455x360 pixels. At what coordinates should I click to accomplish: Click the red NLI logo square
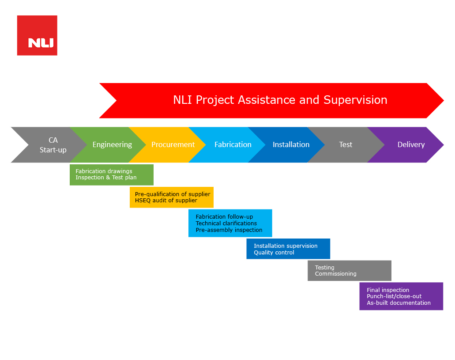click(37, 35)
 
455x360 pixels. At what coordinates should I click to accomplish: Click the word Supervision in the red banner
click(355, 100)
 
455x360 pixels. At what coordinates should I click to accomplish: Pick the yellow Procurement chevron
click(168, 145)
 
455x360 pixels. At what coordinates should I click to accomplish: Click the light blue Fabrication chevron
click(228, 145)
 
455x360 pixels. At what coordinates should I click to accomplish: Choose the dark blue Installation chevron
click(287, 145)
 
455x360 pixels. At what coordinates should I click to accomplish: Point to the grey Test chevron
click(346, 145)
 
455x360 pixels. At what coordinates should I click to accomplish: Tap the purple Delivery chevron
click(406, 145)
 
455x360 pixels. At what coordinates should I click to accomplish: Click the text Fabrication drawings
click(104, 171)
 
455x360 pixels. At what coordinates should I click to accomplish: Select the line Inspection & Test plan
click(106, 178)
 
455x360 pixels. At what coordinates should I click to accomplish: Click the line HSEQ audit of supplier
click(166, 201)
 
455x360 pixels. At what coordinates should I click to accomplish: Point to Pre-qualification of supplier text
click(173, 194)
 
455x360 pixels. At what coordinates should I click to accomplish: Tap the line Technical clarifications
click(226, 224)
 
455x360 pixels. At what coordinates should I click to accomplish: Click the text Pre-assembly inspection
click(229, 230)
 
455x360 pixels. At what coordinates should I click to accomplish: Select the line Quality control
click(274, 253)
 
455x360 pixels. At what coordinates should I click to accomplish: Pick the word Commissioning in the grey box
click(336, 274)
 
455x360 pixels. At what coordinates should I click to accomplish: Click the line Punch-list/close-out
click(394, 296)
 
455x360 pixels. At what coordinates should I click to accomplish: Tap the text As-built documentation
click(399, 303)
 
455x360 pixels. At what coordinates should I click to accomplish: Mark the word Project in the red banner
click(215, 100)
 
